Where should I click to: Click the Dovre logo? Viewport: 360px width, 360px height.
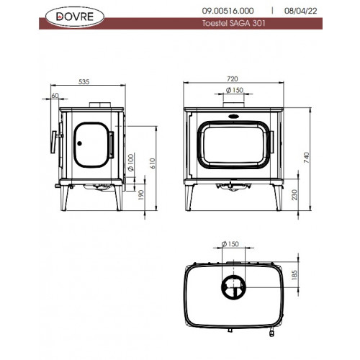pyautogui.click(x=75, y=17)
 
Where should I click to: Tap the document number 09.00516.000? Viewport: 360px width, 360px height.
pyautogui.click(x=228, y=11)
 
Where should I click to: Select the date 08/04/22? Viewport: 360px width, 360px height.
pyautogui.click(x=300, y=11)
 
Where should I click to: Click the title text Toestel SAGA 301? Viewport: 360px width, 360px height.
pyautogui.click(x=234, y=23)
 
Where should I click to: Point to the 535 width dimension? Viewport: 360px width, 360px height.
pyautogui.click(x=84, y=82)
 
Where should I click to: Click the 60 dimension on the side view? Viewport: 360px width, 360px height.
pyautogui.click(x=55, y=96)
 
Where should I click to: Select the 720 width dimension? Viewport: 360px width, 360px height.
pyautogui.click(x=233, y=79)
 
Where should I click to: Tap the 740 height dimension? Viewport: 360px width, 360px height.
pyautogui.click(x=307, y=158)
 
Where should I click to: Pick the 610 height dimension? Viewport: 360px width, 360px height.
pyautogui.click(x=153, y=163)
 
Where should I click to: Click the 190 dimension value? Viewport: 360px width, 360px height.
pyautogui.click(x=141, y=195)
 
